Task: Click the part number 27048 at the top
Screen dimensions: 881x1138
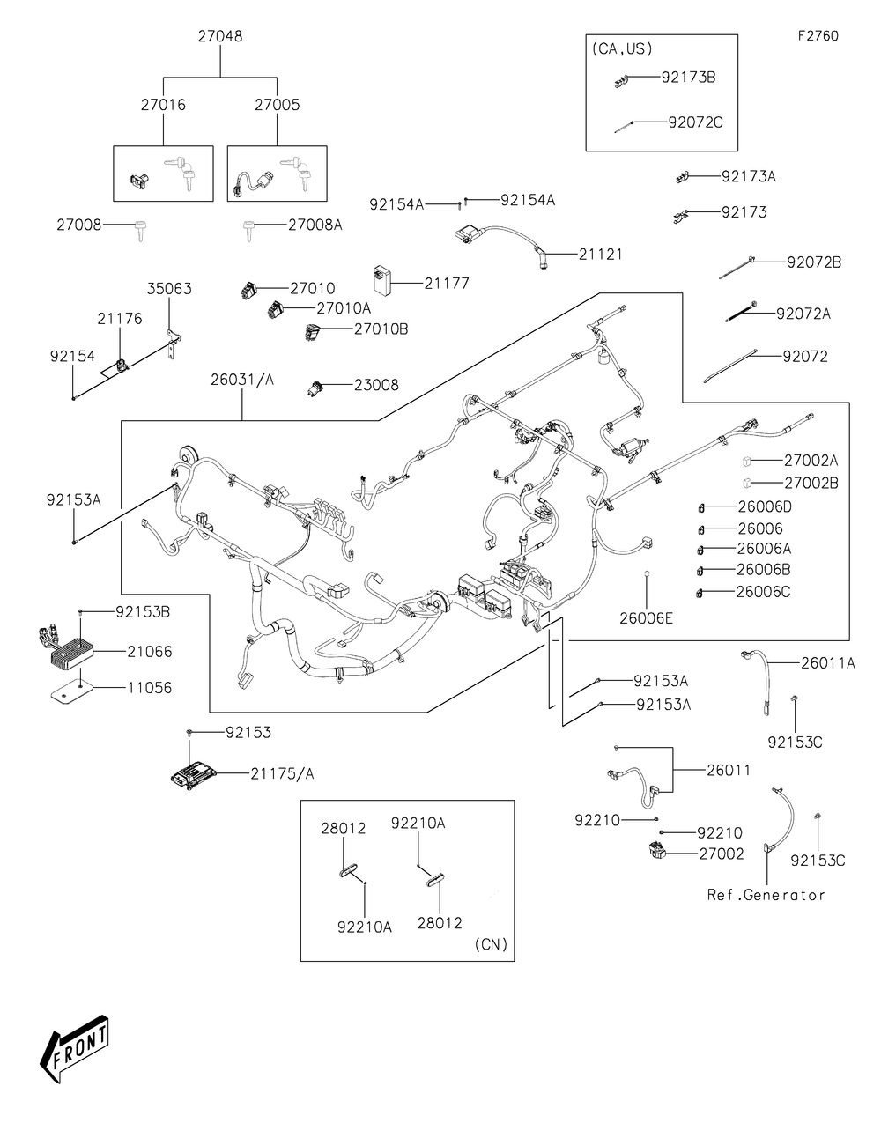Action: click(x=220, y=36)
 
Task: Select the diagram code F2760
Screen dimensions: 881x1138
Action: click(x=818, y=35)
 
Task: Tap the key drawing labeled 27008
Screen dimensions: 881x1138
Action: click(x=140, y=230)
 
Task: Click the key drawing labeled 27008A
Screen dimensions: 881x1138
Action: click(x=248, y=231)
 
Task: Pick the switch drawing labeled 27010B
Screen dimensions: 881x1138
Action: click(x=312, y=331)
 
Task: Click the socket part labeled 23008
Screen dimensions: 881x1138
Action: click(x=315, y=388)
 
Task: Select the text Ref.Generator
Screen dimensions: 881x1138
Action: click(x=766, y=895)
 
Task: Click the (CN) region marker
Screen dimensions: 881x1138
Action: click(x=491, y=944)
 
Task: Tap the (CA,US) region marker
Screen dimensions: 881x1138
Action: click(x=622, y=49)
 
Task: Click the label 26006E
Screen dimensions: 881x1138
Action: click(x=647, y=618)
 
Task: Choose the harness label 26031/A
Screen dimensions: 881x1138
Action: click(x=242, y=380)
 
